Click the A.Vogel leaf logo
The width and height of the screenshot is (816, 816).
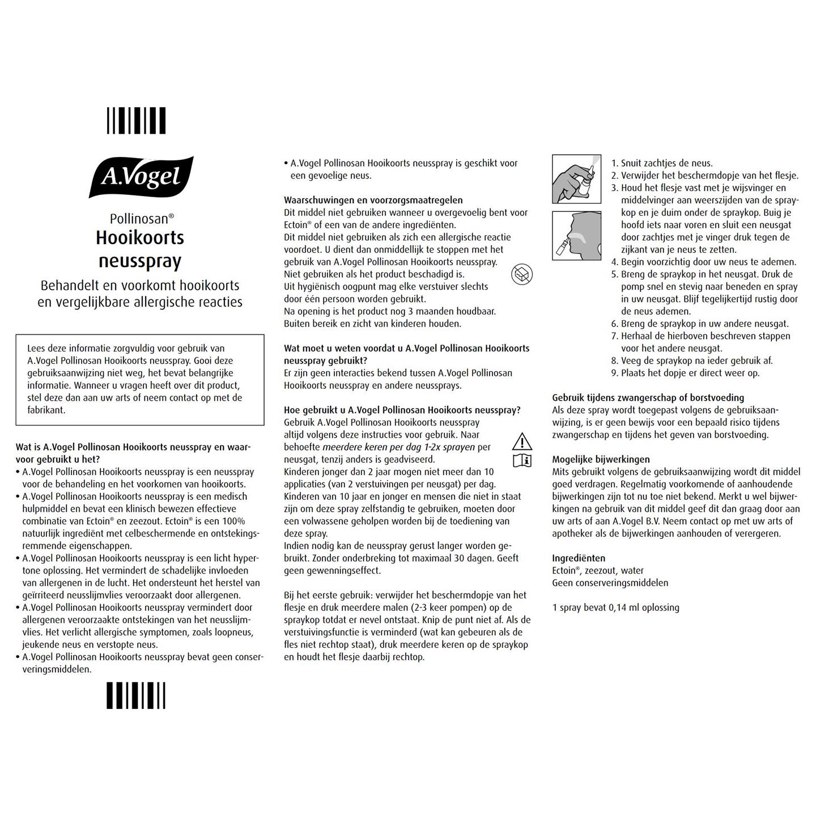point(141,177)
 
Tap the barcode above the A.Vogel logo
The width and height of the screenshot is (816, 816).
point(136,121)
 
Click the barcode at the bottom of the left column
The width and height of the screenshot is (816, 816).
point(136,695)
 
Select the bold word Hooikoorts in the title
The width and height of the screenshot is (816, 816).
point(140,237)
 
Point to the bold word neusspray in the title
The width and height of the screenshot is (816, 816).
point(140,261)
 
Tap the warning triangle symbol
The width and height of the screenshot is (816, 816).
point(522,441)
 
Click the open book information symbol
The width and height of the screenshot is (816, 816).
point(522,460)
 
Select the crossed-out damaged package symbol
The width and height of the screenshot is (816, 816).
point(521,275)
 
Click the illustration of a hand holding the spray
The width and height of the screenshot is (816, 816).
point(576,179)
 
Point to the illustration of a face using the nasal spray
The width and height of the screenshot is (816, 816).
point(576,236)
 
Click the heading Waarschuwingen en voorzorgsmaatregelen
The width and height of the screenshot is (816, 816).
point(373,200)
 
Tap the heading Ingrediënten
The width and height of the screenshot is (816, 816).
point(579,558)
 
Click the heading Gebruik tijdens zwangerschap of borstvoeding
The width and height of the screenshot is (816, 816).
point(648,398)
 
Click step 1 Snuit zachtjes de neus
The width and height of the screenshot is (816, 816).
point(662,163)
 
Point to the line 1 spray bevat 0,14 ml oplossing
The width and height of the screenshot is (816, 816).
point(615,607)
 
